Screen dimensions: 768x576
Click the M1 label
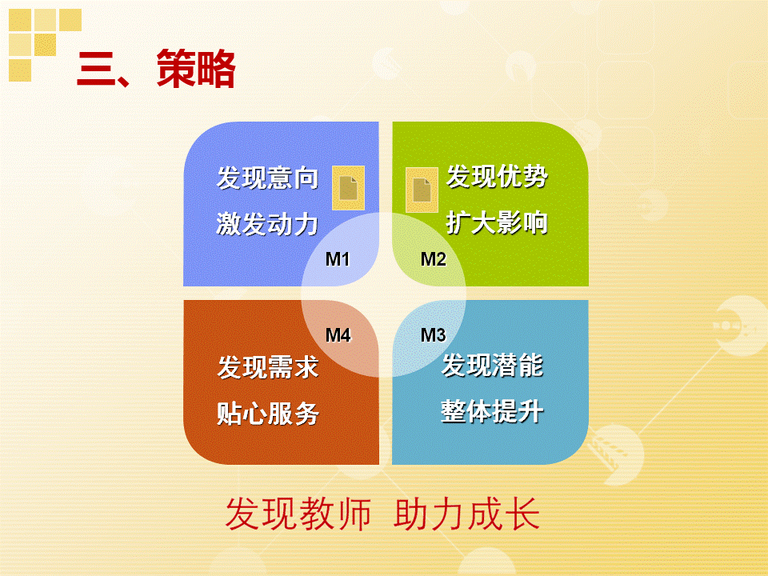[338, 259]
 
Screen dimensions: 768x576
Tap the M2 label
[433, 259]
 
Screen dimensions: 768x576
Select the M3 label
[433, 335]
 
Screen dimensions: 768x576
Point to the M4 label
[338, 335]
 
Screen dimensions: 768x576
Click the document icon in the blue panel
[348, 188]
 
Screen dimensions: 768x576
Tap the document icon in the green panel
[422, 190]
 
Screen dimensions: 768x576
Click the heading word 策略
[196, 69]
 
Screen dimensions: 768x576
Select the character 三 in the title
[95, 70]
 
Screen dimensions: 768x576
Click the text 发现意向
[267, 178]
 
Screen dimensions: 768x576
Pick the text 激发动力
[267, 224]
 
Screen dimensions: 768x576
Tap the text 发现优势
[497, 176]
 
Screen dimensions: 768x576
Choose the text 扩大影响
[497, 222]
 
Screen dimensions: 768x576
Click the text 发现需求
[268, 367]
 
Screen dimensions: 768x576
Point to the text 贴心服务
[268, 414]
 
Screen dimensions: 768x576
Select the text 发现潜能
[492, 365]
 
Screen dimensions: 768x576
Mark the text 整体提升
[492, 411]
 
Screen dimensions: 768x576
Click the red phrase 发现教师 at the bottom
[298, 514]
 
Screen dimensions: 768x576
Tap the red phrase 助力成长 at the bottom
[466, 514]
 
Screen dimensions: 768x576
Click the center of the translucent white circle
[383, 294]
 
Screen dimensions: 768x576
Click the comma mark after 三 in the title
[122, 81]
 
